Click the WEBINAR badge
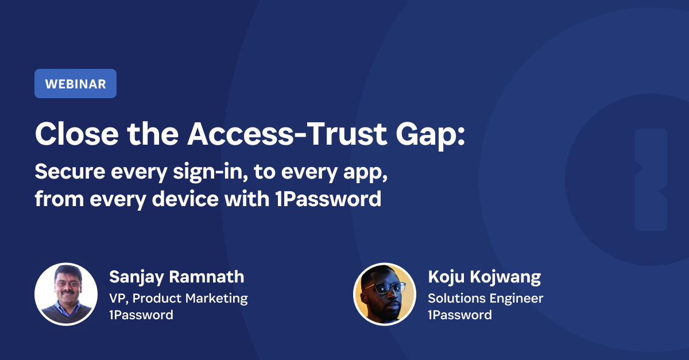click(x=75, y=84)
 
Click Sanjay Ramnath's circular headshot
click(x=66, y=293)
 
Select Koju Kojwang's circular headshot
click(x=384, y=293)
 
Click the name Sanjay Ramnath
click(x=177, y=277)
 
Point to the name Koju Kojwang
click(x=485, y=277)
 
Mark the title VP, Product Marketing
click(x=179, y=298)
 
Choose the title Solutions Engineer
click(x=486, y=298)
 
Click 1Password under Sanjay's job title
click(x=141, y=315)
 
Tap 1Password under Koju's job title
click(x=460, y=315)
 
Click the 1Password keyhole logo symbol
click(x=651, y=180)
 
